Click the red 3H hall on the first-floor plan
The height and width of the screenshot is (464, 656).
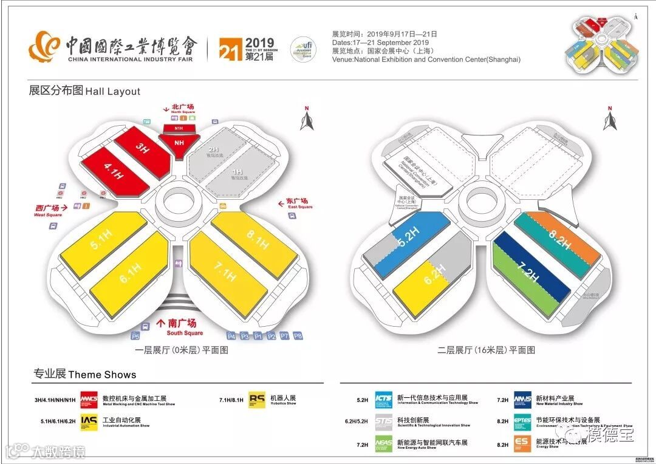click(142, 148)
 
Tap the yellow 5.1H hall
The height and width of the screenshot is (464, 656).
click(101, 244)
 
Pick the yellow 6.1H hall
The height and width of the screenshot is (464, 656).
click(131, 273)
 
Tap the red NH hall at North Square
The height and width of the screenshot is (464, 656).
click(179, 143)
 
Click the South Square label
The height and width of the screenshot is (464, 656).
click(185, 327)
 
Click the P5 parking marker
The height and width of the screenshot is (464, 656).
click(135, 336)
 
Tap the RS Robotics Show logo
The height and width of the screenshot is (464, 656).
click(257, 400)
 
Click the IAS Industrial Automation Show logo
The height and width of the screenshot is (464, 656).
click(89, 423)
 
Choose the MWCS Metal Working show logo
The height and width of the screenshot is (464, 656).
click(89, 400)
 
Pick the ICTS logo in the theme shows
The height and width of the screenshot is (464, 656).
click(383, 400)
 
